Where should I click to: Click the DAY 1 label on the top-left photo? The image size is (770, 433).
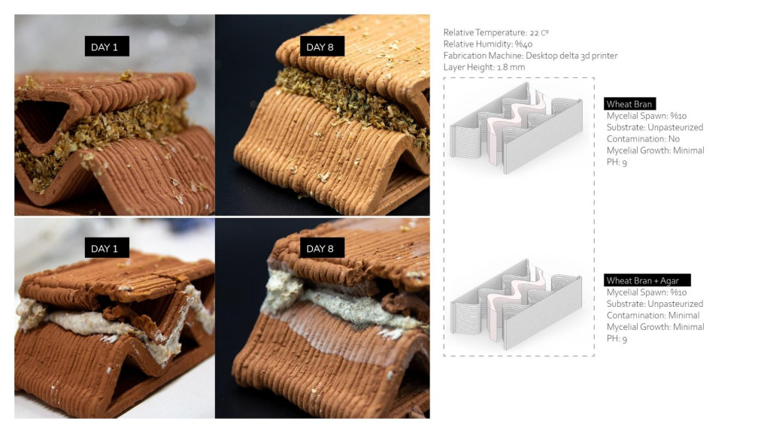tap(107, 46)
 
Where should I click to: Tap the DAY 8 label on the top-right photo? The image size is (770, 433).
tap(322, 46)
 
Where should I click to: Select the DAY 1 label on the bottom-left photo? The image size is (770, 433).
tap(107, 248)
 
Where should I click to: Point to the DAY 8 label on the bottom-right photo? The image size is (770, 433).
tap(322, 248)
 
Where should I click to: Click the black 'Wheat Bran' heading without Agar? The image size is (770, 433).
tap(629, 104)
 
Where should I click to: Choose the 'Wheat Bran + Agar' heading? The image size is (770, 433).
tap(647, 280)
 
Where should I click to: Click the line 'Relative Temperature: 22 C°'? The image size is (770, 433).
tap(496, 32)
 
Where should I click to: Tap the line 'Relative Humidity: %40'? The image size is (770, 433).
tap(487, 44)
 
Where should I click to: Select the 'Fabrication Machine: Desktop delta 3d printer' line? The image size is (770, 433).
tap(530, 56)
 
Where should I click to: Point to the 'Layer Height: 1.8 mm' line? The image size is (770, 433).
tap(484, 67)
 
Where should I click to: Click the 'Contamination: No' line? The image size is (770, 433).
tap(644, 139)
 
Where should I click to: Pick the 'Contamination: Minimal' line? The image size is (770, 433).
tap(653, 315)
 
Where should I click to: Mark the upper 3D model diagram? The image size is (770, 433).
tap(517, 128)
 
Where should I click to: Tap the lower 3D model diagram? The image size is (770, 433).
tap(517, 304)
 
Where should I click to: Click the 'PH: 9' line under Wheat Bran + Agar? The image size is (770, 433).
tap(617, 339)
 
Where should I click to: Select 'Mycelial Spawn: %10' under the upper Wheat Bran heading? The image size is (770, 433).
tap(647, 116)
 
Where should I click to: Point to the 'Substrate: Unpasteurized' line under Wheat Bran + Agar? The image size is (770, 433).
tap(655, 304)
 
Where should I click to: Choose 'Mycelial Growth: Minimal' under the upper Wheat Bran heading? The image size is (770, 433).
tap(656, 150)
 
